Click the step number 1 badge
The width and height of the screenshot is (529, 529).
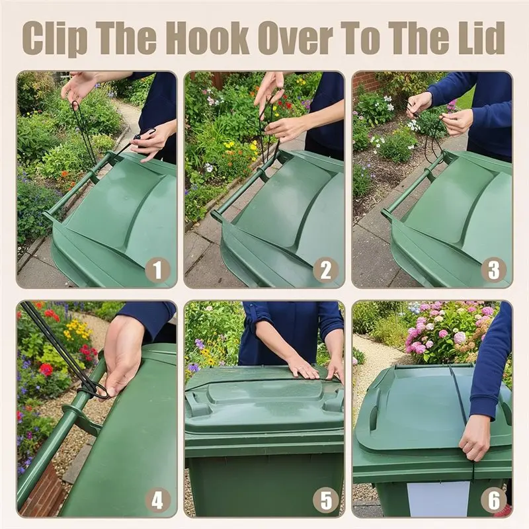pyautogui.click(x=157, y=270)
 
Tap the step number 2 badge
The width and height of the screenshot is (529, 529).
pyautogui.click(x=325, y=270)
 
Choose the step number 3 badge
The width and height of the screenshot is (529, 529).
pyautogui.click(x=493, y=270)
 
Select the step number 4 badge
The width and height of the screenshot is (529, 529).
pyautogui.click(x=157, y=501)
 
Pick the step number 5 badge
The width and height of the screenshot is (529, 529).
pyautogui.click(x=325, y=501)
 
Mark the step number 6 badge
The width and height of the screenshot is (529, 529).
pyautogui.click(x=493, y=501)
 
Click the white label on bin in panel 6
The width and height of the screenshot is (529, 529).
pyautogui.click(x=438, y=499)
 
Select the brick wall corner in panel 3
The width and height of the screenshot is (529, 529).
pyautogui.click(x=364, y=83)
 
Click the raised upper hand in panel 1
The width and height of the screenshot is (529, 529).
pyautogui.click(x=80, y=87)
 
